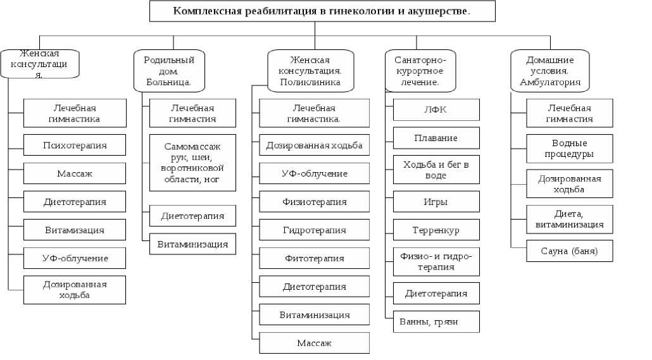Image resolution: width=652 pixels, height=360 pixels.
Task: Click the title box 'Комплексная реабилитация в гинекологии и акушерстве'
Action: point(322,11)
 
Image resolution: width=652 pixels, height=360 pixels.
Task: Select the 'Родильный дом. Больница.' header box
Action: point(168,71)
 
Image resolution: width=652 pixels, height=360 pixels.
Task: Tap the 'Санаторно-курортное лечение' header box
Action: point(420,71)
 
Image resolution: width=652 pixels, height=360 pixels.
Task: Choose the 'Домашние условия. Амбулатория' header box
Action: point(549,71)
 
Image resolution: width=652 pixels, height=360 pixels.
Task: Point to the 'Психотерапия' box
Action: point(75,146)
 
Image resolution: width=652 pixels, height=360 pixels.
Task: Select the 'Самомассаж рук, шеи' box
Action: point(192,163)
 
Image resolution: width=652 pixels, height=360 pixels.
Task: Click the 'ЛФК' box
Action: point(436,109)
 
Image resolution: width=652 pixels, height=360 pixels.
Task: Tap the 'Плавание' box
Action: point(436,138)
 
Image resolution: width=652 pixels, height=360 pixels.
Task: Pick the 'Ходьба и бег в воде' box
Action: point(436,170)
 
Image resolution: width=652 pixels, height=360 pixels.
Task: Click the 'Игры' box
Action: point(436,202)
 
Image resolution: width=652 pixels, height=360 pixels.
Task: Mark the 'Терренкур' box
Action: point(436,230)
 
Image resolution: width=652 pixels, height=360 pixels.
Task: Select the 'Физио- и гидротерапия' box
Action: point(436,261)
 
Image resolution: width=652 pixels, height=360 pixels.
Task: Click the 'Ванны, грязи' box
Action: point(436,321)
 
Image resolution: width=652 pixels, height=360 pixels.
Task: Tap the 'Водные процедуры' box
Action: point(569,149)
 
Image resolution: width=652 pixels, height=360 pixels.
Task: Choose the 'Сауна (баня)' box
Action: point(569,251)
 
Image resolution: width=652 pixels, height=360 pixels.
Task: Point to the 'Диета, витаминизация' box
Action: point(569,219)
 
